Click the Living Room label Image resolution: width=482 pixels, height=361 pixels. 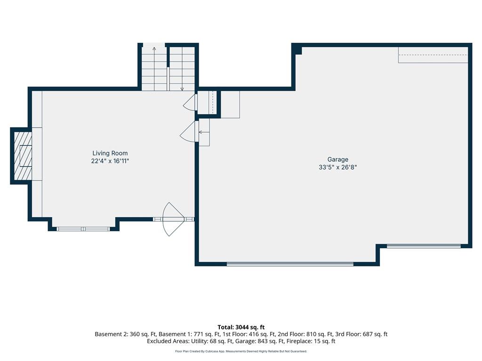pos(110,153)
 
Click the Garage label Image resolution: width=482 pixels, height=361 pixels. pos(338,160)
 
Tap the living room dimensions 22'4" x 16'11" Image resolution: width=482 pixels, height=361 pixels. pos(110,161)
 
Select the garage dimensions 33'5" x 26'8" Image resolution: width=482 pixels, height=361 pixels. pos(338,167)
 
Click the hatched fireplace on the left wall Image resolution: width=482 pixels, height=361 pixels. pos(23,156)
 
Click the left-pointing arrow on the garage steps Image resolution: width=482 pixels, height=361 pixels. pos(204,132)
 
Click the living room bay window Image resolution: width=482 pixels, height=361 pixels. pos(83,229)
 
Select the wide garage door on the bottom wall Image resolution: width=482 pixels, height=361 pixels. pos(290,264)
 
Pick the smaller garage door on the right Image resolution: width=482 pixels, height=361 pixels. pos(424,246)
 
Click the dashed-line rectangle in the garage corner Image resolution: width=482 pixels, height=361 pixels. pos(433,55)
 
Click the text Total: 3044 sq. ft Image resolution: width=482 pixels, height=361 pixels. pos(241,327)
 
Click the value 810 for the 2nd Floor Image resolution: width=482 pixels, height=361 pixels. pos(312,334)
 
